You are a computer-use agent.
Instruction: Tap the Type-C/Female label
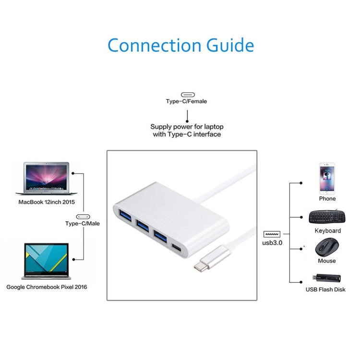click(x=187, y=101)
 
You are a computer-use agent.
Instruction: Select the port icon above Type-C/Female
click(x=187, y=95)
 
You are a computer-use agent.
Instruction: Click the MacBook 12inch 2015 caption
click(x=47, y=203)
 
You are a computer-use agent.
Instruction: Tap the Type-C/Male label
click(x=83, y=223)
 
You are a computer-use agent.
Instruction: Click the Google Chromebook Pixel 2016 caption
click(x=47, y=287)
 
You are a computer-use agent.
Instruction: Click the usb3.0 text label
click(x=272, y=242)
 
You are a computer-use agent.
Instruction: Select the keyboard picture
click(x=327, y=217)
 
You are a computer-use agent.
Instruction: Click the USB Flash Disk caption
click(x=325, y=289)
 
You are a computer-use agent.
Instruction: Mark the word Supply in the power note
click(x=162, y=127)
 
